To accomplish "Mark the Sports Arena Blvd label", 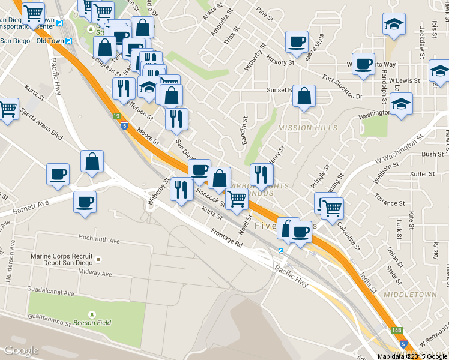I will point(41,124).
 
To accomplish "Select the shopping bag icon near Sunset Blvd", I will point(304,96).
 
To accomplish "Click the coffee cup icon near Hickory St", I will point(297,42).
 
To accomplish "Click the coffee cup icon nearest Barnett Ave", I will point(85,201).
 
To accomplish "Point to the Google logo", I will point(21,350).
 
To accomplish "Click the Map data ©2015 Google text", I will point(412,356).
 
